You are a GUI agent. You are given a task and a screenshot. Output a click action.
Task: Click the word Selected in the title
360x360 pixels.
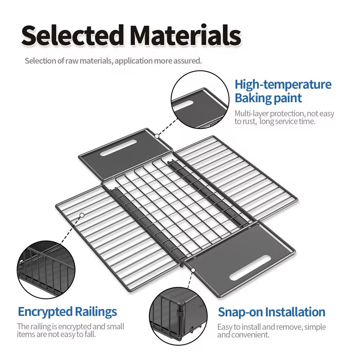(x=72, y=35)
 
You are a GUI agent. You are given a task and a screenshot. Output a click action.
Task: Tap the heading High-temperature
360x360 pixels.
(x=283, y=85)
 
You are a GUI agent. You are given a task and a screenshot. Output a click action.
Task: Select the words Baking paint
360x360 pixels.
(x=268, y=98)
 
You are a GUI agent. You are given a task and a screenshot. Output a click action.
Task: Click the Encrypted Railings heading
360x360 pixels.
(x=67, y=312)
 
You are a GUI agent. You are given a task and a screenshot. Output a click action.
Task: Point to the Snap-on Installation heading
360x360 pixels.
(x=271, y=312)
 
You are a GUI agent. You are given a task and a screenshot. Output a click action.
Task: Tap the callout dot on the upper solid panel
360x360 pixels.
(x=157, y=136)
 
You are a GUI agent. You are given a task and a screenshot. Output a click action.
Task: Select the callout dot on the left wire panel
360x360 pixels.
(x=82, y=215)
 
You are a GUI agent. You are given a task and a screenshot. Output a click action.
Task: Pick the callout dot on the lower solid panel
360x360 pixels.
(x=193, y=270)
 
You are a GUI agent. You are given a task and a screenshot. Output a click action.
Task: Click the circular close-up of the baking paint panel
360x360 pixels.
(x=200, y=100)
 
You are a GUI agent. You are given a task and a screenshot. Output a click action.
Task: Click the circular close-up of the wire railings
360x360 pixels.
(x=46, y=270)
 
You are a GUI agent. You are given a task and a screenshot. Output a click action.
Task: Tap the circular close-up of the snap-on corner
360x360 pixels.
(x=179, y=316)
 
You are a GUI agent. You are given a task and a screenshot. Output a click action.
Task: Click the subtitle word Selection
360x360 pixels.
(x=40, y=61)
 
